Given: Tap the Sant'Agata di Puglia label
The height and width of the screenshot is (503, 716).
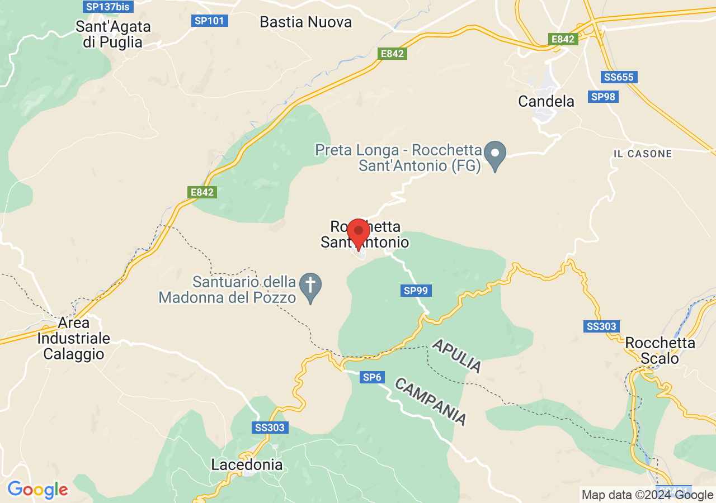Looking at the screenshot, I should coord(113,34).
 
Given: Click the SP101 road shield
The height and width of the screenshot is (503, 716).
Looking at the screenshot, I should coord(209,21).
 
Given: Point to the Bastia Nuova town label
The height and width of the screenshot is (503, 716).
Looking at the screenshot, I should coord(306,22).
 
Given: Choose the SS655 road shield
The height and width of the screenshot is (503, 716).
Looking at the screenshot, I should coord(619,77).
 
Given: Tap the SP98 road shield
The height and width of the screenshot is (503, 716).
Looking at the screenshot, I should coord(603,97).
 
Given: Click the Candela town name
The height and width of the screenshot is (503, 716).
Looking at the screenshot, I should coord(546,101).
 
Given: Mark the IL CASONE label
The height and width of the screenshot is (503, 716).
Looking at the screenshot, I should coord(643,154).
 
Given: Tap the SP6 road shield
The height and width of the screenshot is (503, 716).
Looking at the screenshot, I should coord(372,377).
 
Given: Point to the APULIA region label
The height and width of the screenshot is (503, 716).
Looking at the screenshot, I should coord(456,355).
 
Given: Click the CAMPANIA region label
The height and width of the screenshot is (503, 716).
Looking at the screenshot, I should coord(430,401).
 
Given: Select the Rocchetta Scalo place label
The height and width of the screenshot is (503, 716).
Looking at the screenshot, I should coord(660,350).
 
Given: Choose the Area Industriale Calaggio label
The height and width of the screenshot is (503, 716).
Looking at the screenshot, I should coord(73,339).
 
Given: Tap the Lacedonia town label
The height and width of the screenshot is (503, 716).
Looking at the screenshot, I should coord(247,464).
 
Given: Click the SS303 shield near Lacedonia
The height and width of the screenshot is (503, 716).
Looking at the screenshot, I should coord(270,428).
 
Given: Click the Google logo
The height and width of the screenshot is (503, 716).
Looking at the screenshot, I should coord(37,490).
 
